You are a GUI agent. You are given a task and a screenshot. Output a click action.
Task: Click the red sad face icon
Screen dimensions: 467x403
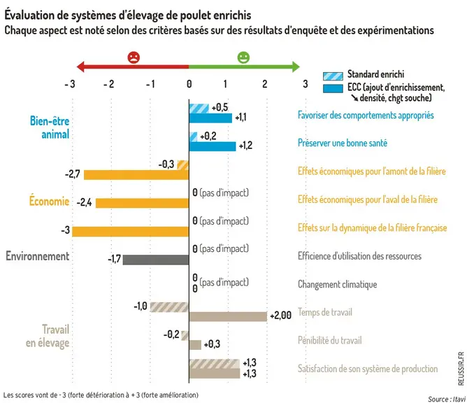click(134, 57)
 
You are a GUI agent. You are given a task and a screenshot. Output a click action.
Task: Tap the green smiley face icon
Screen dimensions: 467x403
click(243, 57)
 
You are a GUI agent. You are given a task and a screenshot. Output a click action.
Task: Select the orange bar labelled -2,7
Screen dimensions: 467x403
click(136, 175)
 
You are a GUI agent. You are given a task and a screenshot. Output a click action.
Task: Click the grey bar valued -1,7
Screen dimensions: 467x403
click(156, 260)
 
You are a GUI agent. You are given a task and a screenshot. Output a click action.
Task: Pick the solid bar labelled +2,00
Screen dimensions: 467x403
click(228, 316)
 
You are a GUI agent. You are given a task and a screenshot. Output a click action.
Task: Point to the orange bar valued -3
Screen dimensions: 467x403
click(131, 232)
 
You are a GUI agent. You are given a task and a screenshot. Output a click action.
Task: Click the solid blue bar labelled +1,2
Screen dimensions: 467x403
click(213, 146)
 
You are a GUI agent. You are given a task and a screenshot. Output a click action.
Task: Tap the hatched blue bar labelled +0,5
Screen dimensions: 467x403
click(199, 108)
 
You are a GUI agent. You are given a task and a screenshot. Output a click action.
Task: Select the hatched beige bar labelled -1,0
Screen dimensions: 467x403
click(169, 307)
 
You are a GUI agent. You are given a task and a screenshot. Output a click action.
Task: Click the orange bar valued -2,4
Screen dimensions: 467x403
click(143, 203)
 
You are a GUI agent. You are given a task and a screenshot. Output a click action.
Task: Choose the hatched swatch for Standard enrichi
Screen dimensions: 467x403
click(333, 76)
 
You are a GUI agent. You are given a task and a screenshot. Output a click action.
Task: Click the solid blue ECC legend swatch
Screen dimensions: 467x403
click(333, 89)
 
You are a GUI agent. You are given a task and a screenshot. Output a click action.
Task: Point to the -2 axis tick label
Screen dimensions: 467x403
click(108, 85)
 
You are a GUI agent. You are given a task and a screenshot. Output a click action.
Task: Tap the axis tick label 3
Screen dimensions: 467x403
click(306, 84)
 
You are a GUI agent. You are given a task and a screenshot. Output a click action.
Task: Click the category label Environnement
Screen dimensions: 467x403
click(38, 256)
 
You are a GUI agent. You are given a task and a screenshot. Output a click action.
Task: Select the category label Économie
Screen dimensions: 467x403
click(49, 201)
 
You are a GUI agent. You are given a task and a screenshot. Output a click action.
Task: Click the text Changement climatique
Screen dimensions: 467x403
click(338, 284)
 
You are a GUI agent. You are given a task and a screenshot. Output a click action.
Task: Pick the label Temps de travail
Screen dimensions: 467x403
click(325, 312)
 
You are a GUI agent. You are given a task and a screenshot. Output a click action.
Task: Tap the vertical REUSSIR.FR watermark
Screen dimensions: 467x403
click(461, 369)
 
